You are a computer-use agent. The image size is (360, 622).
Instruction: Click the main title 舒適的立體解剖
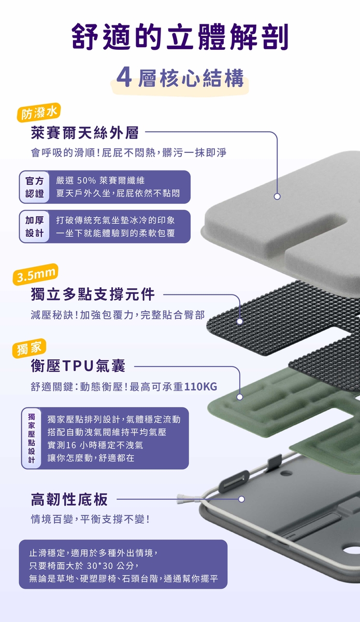coord(180,37)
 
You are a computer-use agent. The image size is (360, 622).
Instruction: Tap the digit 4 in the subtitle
coord(124,77)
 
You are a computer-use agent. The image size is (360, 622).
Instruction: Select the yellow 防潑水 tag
coord(39,112)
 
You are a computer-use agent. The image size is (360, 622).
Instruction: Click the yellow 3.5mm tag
coord(36,274)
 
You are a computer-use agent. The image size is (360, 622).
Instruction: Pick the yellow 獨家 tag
coord(29,348)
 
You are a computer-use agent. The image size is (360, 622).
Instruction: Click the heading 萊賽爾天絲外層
coord(84,133)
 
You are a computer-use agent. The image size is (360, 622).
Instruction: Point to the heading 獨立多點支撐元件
coord(93,294)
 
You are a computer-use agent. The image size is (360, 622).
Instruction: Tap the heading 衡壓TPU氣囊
coord(78,366)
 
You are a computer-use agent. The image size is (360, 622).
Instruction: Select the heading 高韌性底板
coord(69,499)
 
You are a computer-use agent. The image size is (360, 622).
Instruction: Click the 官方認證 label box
coord(34,187)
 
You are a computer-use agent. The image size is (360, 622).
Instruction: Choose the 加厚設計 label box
coord(34,227)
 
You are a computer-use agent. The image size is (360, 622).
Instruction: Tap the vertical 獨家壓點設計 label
coord(32,438)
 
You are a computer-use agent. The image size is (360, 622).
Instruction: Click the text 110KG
coord(200,387)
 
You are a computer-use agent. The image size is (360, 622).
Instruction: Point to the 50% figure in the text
coord(87,180)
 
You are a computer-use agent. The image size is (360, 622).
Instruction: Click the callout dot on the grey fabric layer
coord(277,196)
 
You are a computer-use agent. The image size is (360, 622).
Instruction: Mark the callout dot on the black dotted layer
coord(240,321)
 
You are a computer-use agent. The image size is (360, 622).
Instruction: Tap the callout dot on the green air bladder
coord(240,397)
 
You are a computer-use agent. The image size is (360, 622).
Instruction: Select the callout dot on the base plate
coord(241,499)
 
